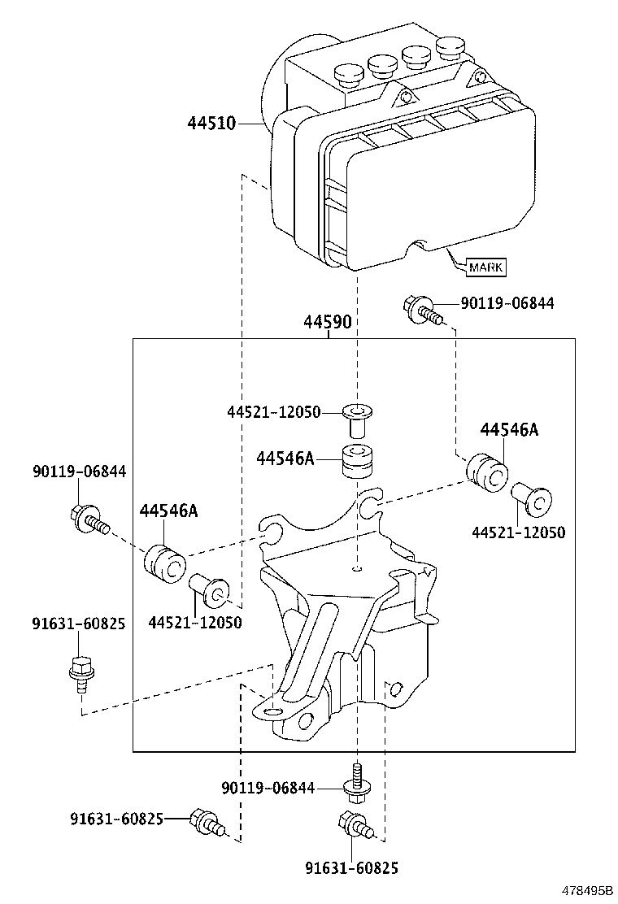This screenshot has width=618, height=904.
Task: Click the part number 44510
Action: [211, 124]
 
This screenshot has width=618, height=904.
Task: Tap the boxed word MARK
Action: [485, 267]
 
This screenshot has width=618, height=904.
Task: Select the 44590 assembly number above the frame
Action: [328, 322]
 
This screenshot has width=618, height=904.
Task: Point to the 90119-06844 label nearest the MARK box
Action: [507, 303]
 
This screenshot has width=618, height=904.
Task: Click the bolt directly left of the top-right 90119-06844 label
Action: [422, 309]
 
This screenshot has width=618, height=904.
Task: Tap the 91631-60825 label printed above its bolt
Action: [79, 624]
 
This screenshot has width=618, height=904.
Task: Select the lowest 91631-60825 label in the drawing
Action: [352, 868]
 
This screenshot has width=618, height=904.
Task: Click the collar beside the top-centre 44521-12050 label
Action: [355, 418]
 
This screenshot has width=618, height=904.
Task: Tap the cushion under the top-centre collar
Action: [355, 462]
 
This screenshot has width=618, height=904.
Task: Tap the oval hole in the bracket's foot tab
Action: [271, 711]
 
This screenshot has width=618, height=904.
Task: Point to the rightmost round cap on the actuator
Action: [447, 46]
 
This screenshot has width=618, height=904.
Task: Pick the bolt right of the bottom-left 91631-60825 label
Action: [204, 822]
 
